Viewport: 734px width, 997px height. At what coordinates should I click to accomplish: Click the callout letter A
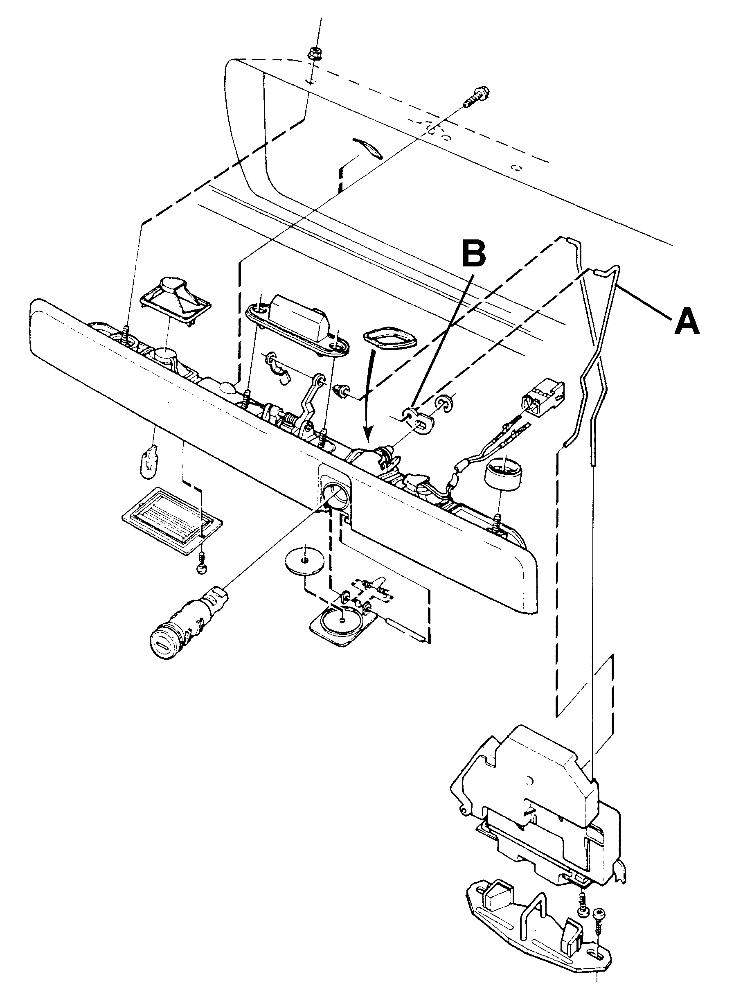pos(687,322)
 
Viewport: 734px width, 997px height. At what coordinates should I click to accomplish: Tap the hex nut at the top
pos(314,54)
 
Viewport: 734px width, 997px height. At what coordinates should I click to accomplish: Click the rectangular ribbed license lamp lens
pos(172,521)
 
